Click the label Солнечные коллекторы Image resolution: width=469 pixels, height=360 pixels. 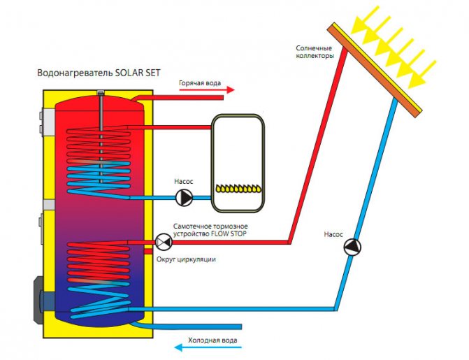(315, 51)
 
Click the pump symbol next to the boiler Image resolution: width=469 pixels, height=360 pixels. (183, 198)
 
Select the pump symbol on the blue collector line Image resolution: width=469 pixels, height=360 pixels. (352, 247)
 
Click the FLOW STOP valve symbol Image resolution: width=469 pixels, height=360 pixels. (164, 242)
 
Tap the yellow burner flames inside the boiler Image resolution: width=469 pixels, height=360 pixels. (240, 187)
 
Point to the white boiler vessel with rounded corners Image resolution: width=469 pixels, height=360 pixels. (240, 162)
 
